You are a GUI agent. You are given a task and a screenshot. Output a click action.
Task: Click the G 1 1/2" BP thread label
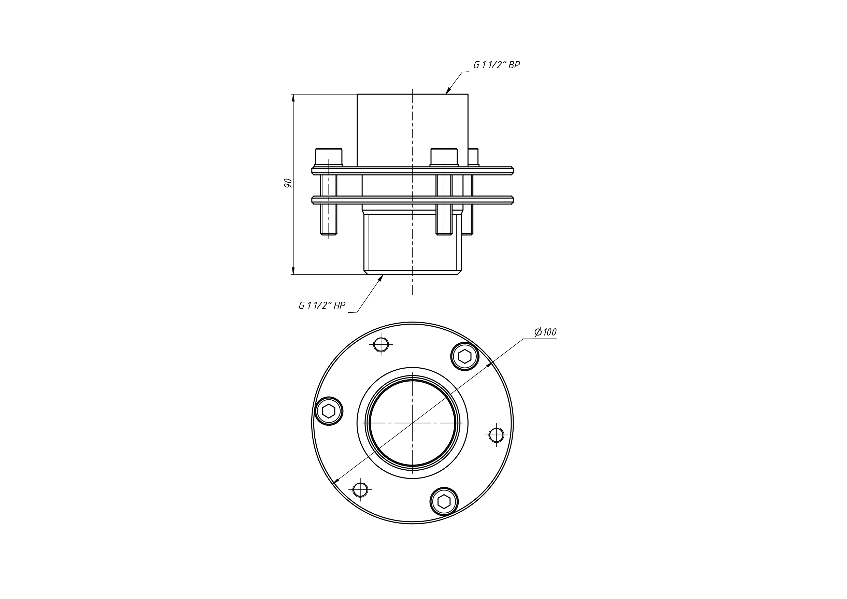(x=497, y=65)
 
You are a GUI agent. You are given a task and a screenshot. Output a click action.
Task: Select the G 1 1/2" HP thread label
(x=322, y=305)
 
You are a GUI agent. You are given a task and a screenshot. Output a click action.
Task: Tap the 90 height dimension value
(x=288, y=183)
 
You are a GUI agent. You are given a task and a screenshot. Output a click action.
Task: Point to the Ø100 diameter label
(x=545, y=332)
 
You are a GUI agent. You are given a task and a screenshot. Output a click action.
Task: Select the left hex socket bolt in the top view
(x=329, y=411)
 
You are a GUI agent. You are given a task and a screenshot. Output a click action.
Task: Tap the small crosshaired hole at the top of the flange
(x=381, y=345)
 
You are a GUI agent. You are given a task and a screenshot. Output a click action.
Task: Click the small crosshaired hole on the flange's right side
(x=496, y=435)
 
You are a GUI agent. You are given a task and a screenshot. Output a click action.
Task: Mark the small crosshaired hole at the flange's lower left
(x=360, y=490)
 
